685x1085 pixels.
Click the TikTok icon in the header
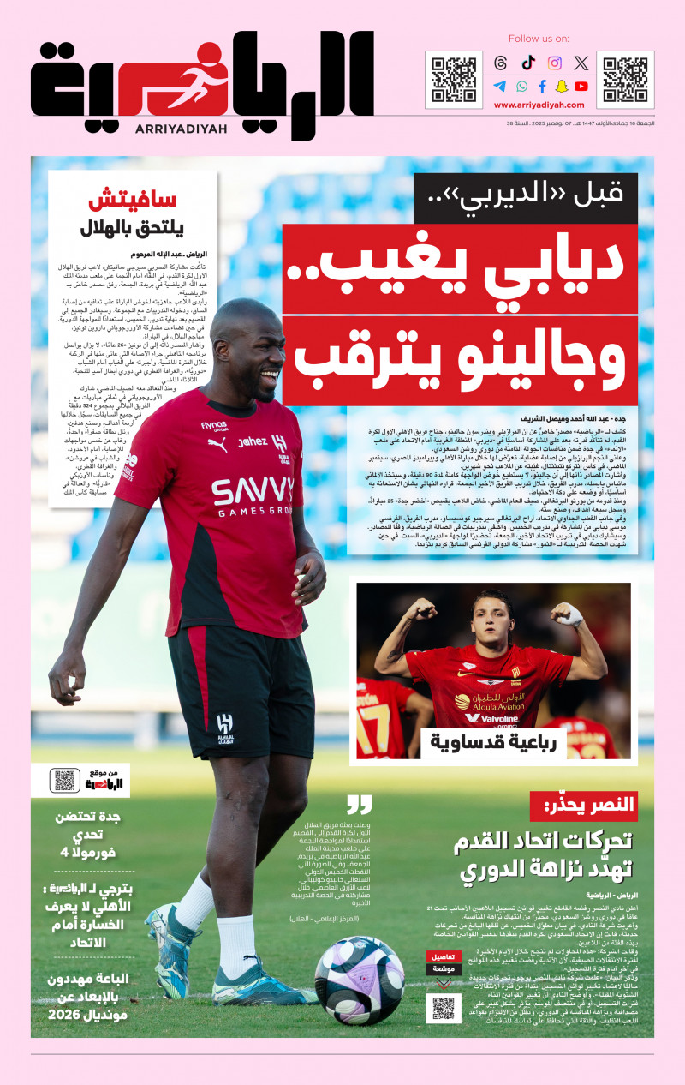pyautogui.click(x=528, y=63)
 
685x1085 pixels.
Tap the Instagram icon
pyautogui.click(x=555, y=63)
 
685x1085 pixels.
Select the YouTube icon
pyautogui.click(x=581, y=86)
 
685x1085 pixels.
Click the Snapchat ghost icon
pyautogui.click(x=562, y=86)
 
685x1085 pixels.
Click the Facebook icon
pyautogui.click(x=542, y=86)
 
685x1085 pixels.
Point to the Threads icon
pyautogui.click(x=501, y=63)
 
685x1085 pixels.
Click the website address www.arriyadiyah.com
pyautogui.click(x=539, y=105)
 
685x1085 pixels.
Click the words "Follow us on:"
pyautogui.click(x=539, y=39)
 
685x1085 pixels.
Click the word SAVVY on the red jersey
pyautogui.click(x=253, y=492)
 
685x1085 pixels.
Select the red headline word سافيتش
pyautogui.click(x=132, y=202)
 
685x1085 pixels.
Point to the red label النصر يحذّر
pyautogui.click(x=583, y=805)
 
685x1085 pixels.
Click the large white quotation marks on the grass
pyautogui.click(x=360, y=805)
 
